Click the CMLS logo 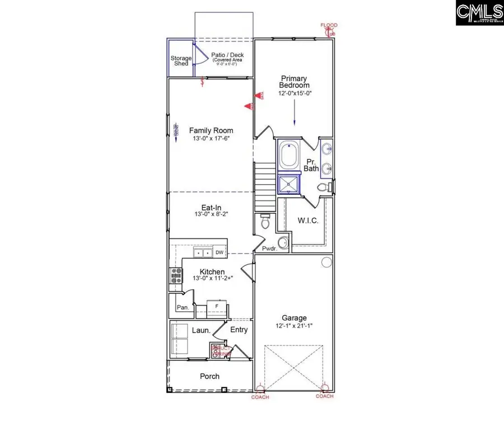click(x=479, y=13)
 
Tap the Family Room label click(x=211, y=130)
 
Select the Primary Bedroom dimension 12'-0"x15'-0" click(x=295, y=93)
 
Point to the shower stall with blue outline click(x=289, y=184)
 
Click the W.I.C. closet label click(x=308, y=221)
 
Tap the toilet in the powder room click(x=267, y=223)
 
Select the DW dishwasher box click(x=219, y=252)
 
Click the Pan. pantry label click(x=183, y=307)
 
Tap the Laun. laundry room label click(x=202, y=330)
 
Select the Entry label click(x=239, y=330)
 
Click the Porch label click(x=210, y=376)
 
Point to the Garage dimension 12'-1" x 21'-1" click(x=295, y=326)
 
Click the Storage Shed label click(x=181, y=60)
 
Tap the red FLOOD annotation click(x=328, y=26)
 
